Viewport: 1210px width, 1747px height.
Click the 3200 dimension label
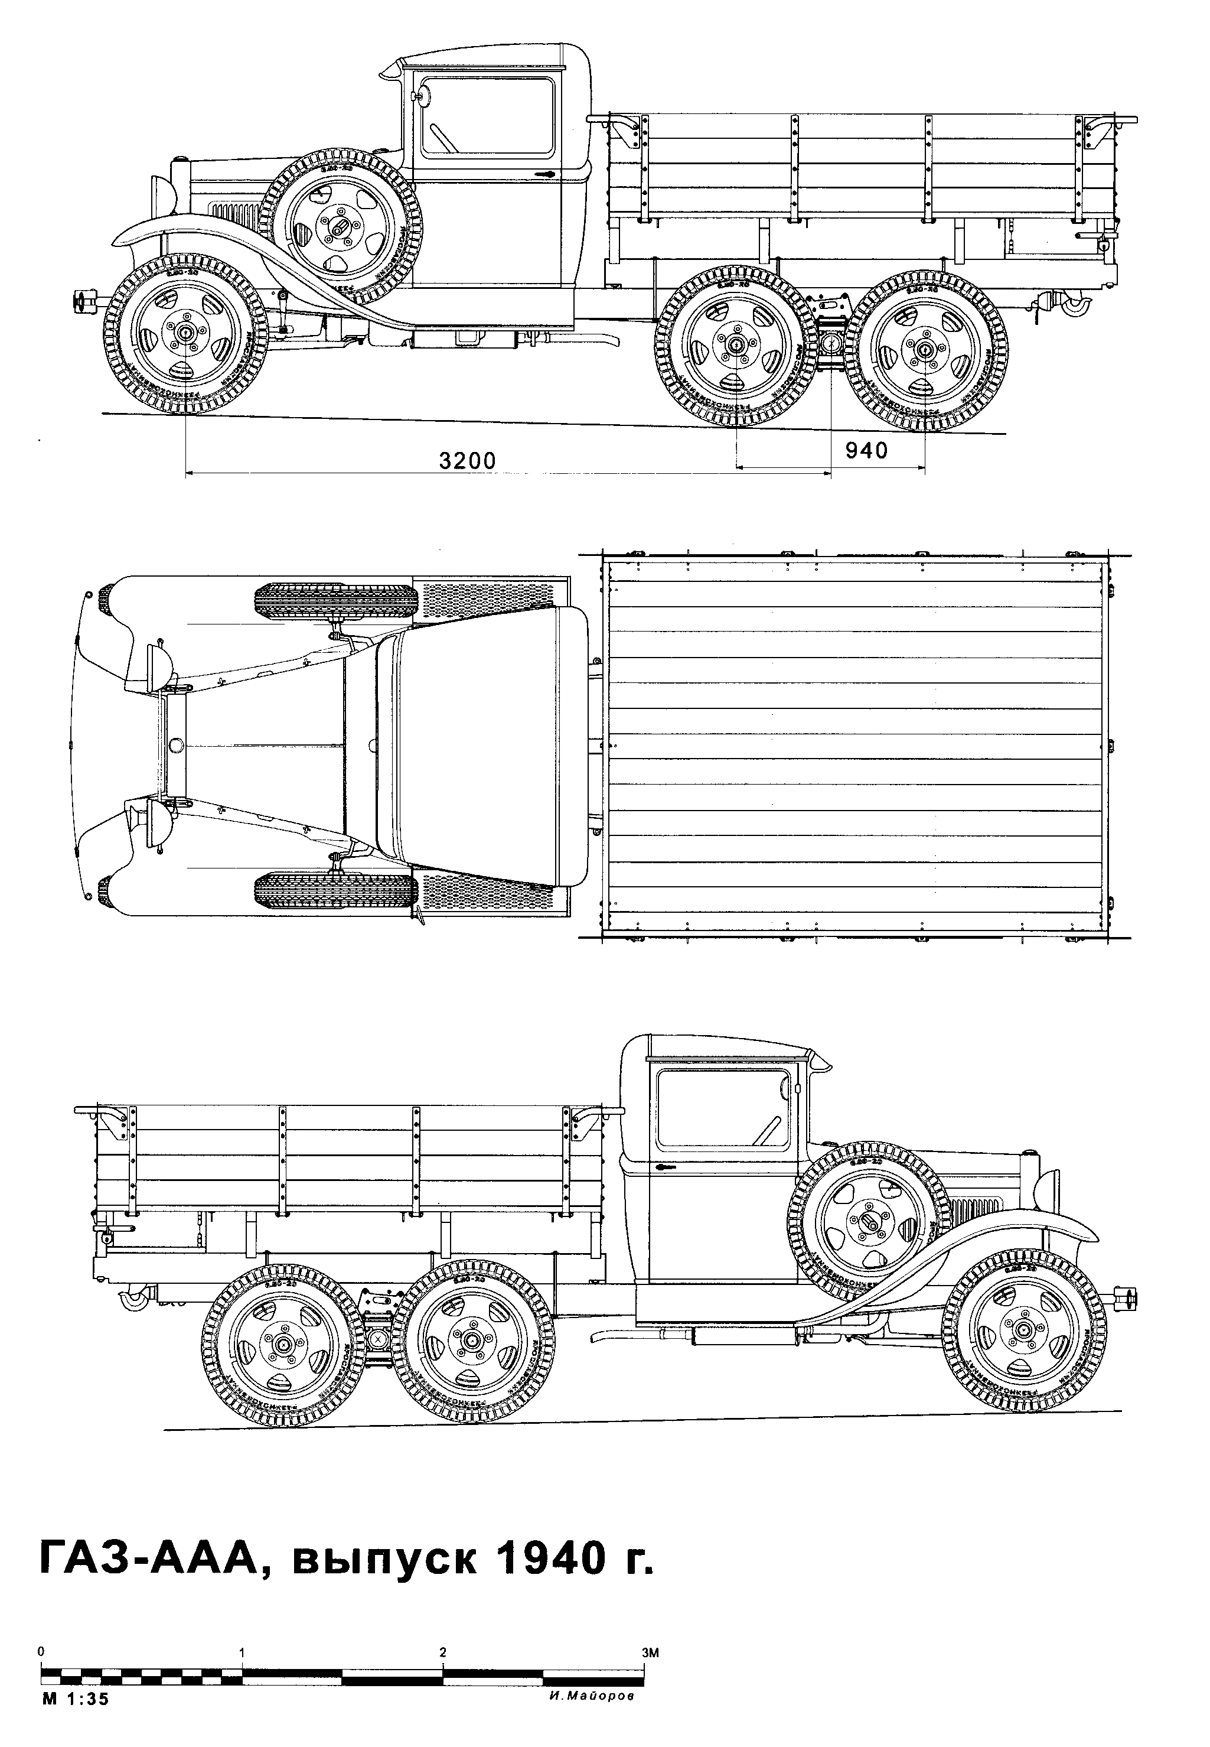pyautogui.click(x=467, y=460)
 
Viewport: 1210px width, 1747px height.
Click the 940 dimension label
pyautogui.click(x=866, y=451)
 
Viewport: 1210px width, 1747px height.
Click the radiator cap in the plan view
pyautogui.click(x=176, y=746)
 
